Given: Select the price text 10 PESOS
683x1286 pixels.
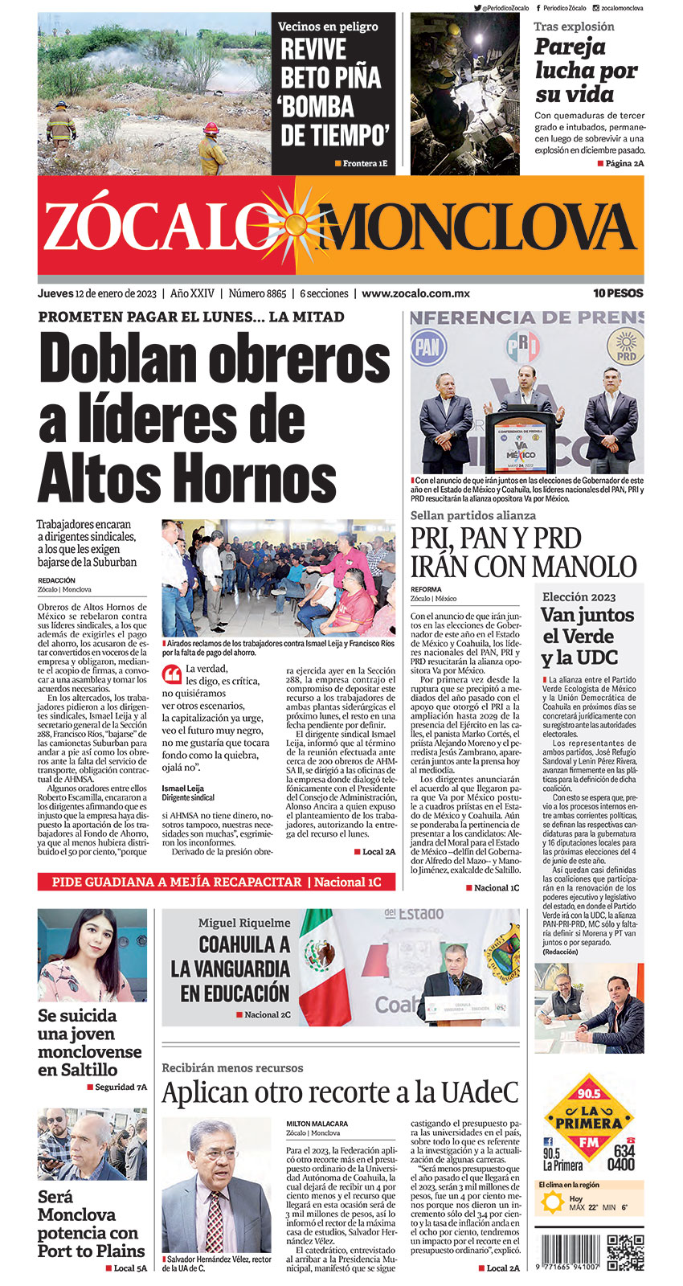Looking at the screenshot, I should [618, 293].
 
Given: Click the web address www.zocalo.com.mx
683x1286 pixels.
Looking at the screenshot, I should [415, 293].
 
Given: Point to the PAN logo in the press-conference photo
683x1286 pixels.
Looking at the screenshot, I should [427, 348].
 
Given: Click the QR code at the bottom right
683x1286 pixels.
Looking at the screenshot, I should [625, 1251].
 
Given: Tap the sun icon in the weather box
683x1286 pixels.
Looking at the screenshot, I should [553, 1202].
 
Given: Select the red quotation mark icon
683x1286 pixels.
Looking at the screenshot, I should [171, 674].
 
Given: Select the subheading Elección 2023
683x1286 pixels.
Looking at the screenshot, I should [579, 596].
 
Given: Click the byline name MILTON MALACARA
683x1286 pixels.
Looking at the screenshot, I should [317, 1123].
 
